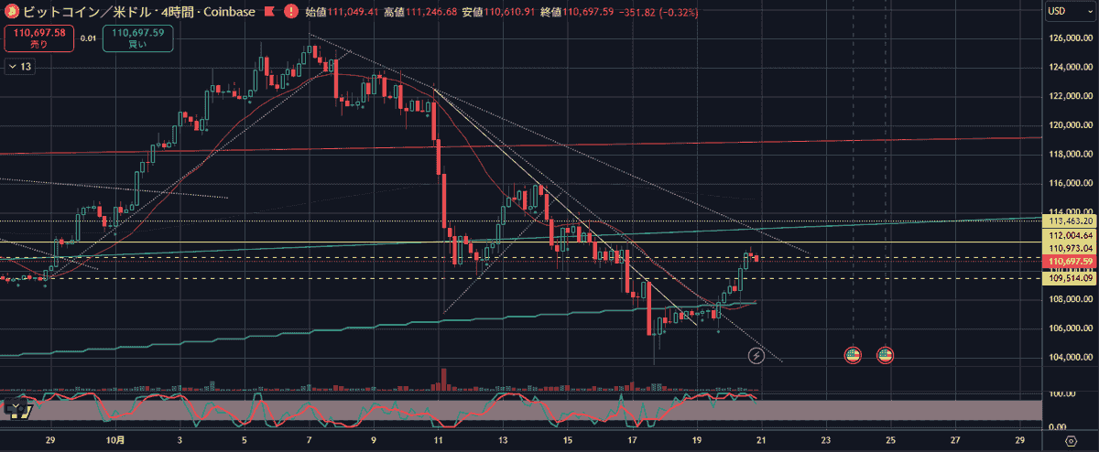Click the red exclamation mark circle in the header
290,12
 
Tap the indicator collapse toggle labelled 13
19,66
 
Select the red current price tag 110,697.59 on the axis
1070,261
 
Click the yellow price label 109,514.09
1070,278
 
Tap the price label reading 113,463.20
1070,221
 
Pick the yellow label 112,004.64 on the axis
1070,234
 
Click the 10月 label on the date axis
114,440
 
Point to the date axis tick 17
633,440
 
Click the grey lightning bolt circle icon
756,355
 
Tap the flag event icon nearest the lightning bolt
853,355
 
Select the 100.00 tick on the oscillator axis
1061,394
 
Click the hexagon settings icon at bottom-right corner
1071,440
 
